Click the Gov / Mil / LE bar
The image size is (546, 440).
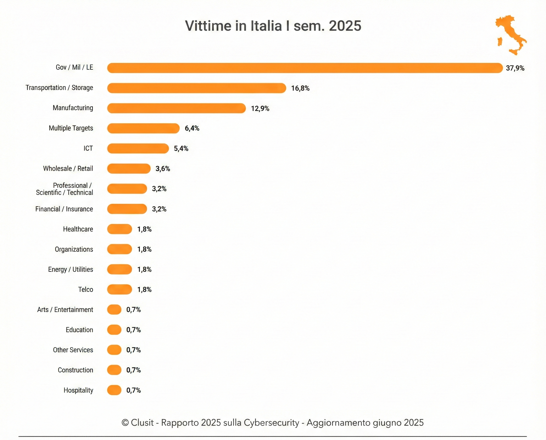coord(305,68)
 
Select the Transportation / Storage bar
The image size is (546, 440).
coord(196,88)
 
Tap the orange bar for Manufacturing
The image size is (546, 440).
coord(176,108)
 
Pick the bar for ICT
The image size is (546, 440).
coord(138,149)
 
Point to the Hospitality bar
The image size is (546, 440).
coord(114,390)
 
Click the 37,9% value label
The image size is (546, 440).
coord(515,68)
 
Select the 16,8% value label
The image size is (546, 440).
coord(300,88)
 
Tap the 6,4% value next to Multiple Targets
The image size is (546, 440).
coord(192,128)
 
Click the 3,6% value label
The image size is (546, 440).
coord(163,169)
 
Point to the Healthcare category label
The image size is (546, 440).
coord(78,229)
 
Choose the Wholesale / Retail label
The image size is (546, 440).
coord(68,169)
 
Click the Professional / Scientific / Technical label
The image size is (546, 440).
coord(65,189)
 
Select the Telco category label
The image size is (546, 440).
coord(86,289)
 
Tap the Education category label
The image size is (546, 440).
coord(79,330)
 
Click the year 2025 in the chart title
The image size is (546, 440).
coord(345,26)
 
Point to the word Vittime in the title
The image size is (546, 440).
coord(208,26)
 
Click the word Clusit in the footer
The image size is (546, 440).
coord(142,422)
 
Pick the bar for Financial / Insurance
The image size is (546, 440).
coord(127,209)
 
